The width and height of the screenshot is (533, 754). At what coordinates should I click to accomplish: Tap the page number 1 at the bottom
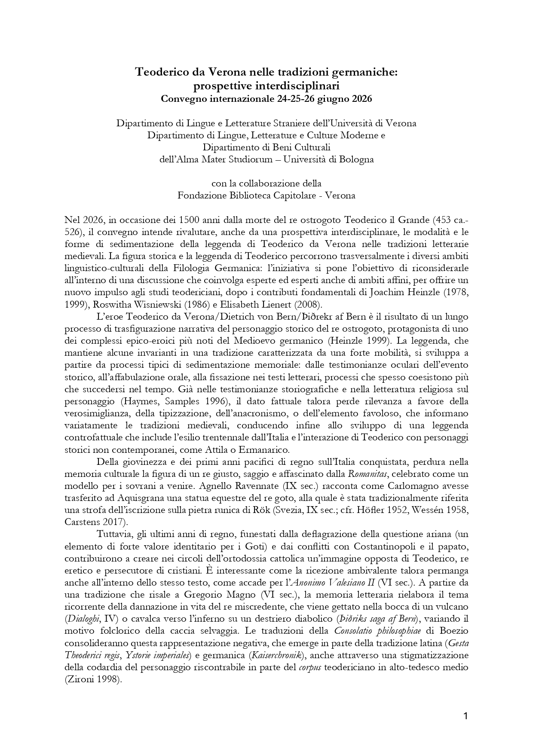tap(466, 716)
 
